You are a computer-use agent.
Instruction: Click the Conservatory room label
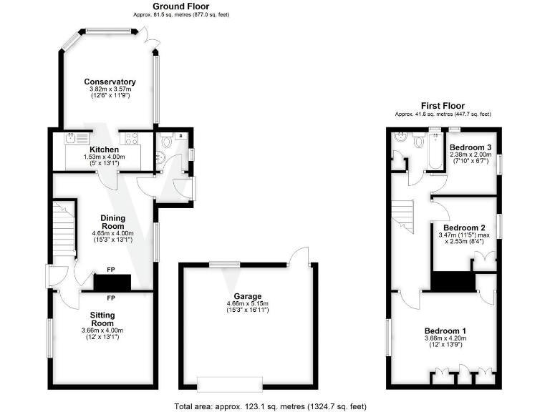coord(110,82)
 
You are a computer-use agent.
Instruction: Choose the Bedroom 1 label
coord(445,330)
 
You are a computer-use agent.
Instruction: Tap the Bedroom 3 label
coord(471,147)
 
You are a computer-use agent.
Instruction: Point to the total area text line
coord(274,406)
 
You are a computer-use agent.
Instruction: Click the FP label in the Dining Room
coord(111,270)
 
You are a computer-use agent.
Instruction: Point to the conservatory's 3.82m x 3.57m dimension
coord(110,89)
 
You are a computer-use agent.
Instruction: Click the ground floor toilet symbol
coord(167,143)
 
